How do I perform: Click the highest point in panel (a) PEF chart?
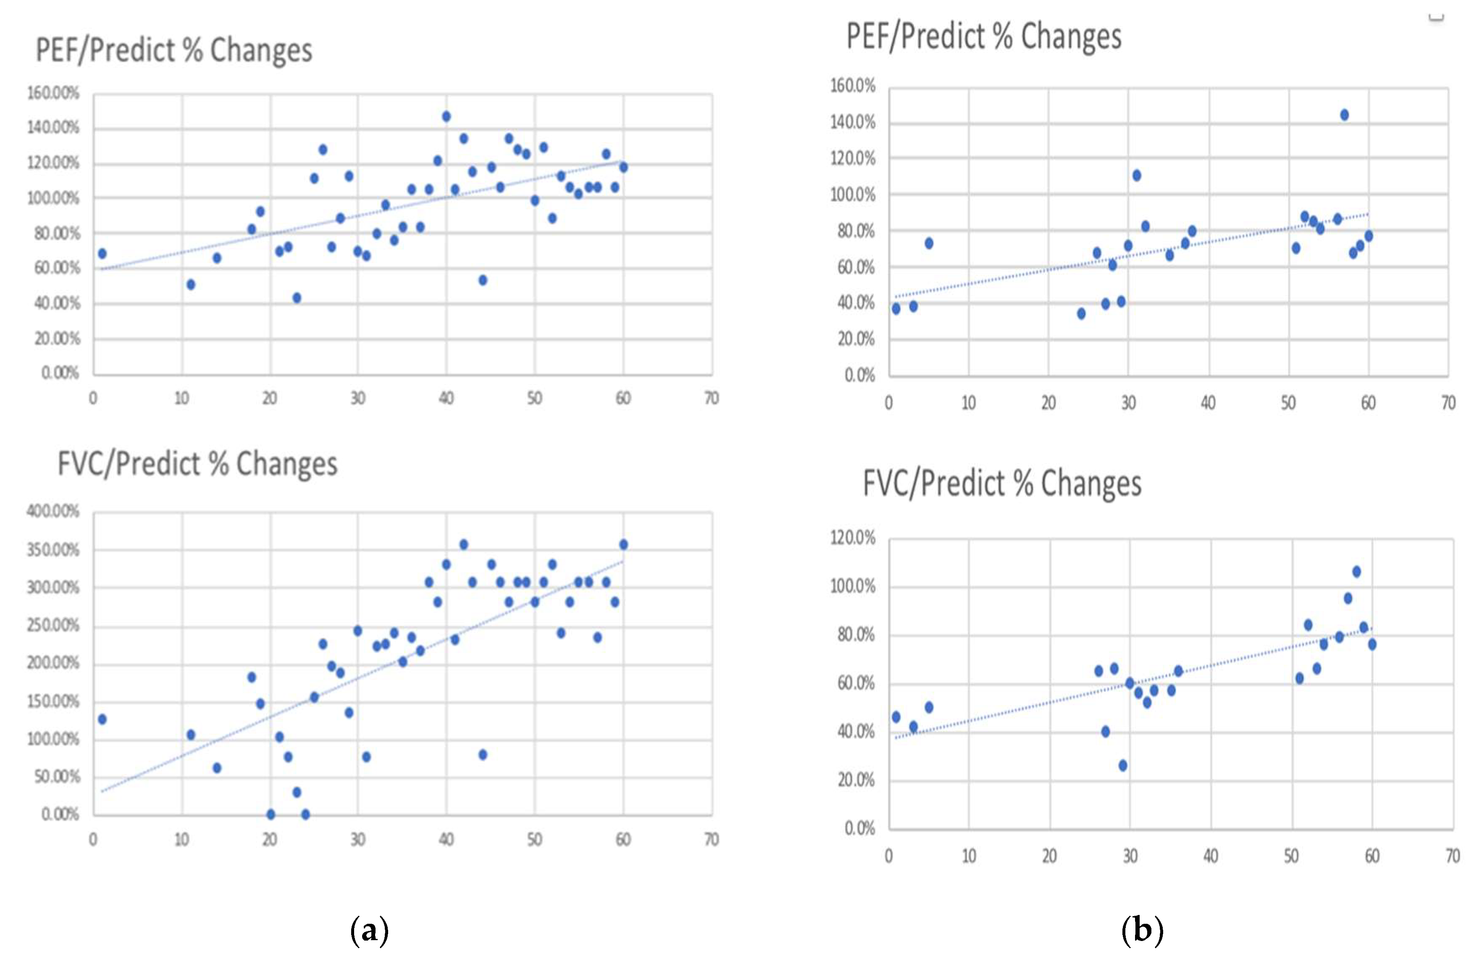(446, 116)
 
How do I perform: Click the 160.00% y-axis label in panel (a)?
(53, 93)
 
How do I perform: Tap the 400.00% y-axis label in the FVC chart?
(53, 511)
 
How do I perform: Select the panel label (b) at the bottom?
(1142, 931)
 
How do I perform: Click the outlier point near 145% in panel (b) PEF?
(1344, 115)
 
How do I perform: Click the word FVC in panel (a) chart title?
(82, 464)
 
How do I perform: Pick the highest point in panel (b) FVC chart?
(1356, 572)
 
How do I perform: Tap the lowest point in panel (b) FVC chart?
(1123, 765)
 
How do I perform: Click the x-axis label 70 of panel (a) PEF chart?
(711, 399)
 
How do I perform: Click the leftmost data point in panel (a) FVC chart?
(102, 719)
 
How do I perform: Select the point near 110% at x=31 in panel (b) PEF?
(1136, 176)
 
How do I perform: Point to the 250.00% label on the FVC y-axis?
(53, 625)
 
